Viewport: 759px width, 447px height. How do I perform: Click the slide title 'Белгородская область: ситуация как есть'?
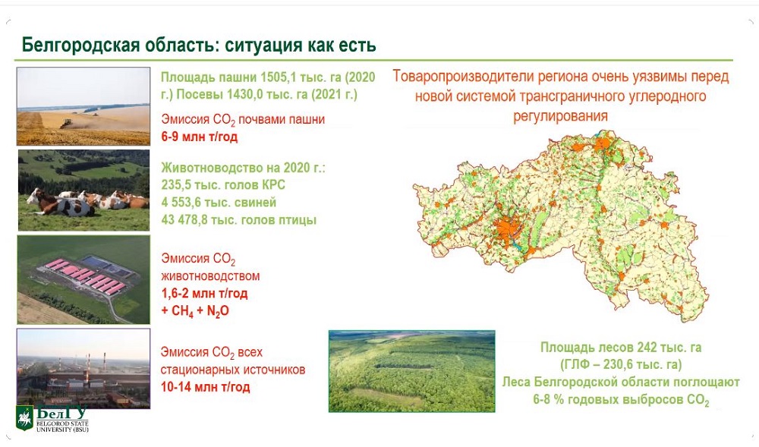tap(199, 45)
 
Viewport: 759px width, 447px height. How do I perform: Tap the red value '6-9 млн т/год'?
tap(200, 137)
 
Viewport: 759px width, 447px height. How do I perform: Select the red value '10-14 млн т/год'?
tap(205, 387)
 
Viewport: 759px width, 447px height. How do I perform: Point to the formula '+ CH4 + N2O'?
tap(195, 311)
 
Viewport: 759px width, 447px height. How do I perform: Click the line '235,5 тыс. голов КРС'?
tap(223, 185)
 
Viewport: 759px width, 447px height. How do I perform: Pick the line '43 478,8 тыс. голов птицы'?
tap(238, 220)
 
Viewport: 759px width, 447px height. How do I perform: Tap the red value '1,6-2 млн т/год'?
tap(204, 294)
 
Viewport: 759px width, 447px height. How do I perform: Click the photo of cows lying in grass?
tap(83, 190)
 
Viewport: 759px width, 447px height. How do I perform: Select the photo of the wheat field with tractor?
tap(83, 106)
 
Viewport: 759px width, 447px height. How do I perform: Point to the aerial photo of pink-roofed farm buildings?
tap(83, 279)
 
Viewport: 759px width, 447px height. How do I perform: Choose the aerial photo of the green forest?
tap(412, 371)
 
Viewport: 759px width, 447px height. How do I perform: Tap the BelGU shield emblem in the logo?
tap(25, 417)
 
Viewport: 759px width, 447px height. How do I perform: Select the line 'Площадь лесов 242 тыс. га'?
tap(621, 348)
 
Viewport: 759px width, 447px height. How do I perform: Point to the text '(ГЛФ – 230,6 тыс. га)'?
tap(621, 364)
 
